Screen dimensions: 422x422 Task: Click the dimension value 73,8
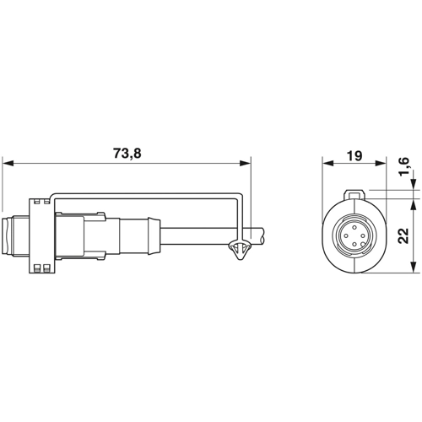127,154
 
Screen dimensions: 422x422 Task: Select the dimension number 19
354,155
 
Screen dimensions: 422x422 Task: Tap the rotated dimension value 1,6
403,166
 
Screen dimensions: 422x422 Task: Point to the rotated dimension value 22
403,235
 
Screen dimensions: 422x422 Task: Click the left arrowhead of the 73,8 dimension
8,163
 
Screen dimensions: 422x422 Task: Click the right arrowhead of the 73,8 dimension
245,163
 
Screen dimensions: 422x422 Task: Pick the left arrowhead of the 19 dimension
328,163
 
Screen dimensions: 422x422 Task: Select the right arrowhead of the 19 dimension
381,163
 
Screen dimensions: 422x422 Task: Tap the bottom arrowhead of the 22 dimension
414,267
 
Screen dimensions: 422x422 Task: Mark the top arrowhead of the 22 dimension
414,205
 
